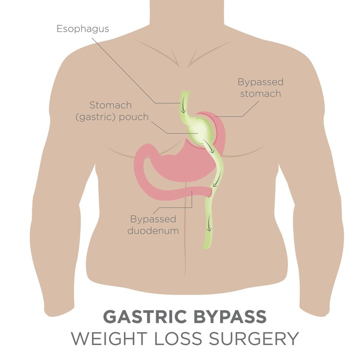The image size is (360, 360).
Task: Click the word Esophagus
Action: coord(83,29)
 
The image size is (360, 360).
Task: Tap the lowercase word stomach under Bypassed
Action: coord(261,94)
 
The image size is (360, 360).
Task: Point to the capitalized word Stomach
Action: coord(111,105)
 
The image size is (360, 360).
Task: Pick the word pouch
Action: coord(134,117)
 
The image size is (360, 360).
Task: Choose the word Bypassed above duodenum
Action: coord(153,220)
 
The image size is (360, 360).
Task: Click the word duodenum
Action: coord(153,230)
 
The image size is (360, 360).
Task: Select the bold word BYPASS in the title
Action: coord(230,317)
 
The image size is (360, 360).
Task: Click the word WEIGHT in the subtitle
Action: coord(109,338)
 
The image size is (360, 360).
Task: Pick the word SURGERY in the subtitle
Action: coord(254,338)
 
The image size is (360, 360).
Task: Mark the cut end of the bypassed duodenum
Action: coord(210,192)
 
